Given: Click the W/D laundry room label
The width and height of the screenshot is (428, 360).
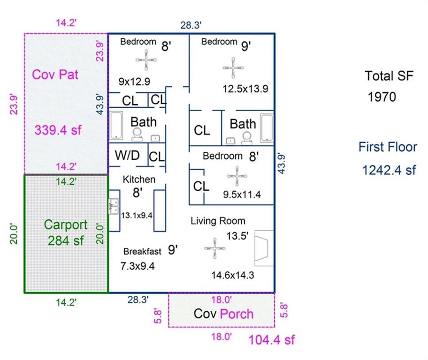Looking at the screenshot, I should tap(127, 155).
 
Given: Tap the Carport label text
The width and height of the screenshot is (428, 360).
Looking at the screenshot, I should tap(66, 225).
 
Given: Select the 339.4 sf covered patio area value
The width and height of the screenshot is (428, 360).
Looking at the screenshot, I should tap(58, 130).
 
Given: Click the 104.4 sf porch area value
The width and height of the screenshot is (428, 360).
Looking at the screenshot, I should tap(272, 339).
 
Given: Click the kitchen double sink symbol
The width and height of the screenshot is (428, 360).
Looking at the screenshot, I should tap(113, 206).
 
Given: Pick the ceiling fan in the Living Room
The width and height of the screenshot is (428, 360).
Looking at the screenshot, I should tap(214, 249).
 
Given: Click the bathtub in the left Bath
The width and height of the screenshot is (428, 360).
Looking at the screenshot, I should tap(116, 126).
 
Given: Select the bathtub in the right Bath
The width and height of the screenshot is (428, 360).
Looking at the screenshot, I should tap(267, 127).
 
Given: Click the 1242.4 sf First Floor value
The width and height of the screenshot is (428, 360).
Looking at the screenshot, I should tap(389, 170).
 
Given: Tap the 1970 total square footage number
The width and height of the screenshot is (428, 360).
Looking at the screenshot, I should tap(382, 97).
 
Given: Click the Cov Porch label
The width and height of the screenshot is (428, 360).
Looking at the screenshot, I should tap(224, 314).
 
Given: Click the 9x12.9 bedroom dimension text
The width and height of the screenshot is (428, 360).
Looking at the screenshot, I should tap(134, 82).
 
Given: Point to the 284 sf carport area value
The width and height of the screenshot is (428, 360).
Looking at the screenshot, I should tap(66, 241).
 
